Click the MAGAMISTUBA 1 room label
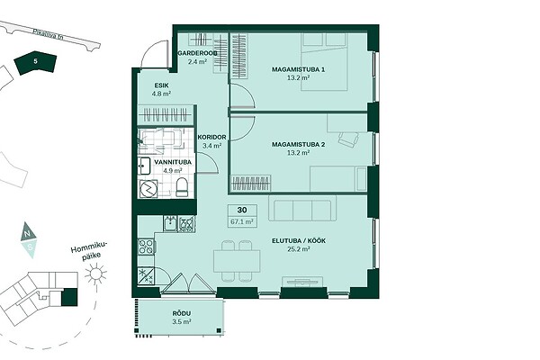[298, 69]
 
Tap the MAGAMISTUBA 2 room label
[298, 145]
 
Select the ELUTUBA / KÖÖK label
[299, 241]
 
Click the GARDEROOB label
[197, 53]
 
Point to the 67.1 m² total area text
[242, 222]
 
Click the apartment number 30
[242, 210]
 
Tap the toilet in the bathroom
[182, 187]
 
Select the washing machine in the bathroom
[148, 189]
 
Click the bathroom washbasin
[144, 166]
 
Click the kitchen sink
[170, 223]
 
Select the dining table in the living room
[237, 262]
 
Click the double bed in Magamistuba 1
[324, 62]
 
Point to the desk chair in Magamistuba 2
[349, 139]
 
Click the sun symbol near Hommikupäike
[95, 274]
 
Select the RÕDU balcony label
[182, 314]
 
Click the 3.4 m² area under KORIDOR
[211, 146]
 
